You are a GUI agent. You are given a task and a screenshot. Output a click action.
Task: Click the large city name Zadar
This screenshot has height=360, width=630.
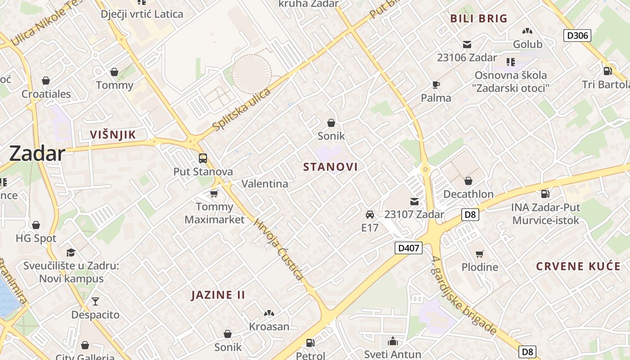click(x=37, y=153)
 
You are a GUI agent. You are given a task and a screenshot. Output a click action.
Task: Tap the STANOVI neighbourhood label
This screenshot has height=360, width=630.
click(x=330, y=167)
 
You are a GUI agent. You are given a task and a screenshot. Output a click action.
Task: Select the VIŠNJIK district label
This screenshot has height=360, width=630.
click(x=112, y=135)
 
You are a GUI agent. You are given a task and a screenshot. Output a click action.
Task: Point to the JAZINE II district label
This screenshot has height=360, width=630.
click(x=218, y=295)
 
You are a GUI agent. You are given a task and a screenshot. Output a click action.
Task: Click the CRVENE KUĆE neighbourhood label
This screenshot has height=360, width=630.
click(x=578, y=266)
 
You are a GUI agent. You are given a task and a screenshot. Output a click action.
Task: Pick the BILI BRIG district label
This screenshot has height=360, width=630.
click(x=479, y=18)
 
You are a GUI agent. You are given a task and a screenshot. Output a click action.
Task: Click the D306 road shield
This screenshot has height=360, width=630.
click(x=577, y=36)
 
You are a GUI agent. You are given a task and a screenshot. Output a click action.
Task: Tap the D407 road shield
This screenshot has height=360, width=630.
click(x=409, y=247)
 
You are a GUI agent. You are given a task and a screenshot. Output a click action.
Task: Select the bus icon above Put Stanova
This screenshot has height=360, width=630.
click(x=203, y=158)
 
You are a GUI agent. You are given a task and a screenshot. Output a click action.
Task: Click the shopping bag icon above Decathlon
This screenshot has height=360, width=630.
click(x=468, y=181)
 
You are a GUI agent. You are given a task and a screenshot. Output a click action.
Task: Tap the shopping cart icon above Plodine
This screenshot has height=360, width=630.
click(x=480, y=254)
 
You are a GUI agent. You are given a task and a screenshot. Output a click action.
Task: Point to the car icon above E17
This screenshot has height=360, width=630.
click(x=370, y=214)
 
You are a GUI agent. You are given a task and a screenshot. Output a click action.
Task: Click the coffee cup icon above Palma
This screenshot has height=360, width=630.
click(x=436, y=84)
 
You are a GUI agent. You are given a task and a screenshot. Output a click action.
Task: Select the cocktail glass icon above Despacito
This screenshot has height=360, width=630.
click(x=95, y=301)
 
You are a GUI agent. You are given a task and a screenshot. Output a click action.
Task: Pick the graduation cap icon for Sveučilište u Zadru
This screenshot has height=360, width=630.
click(x=71, y=252)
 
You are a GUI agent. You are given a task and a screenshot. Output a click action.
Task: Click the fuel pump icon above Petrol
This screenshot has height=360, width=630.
click(x=310, y=343)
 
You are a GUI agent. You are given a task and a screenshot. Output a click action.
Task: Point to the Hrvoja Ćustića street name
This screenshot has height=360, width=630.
click(x=279, y=249)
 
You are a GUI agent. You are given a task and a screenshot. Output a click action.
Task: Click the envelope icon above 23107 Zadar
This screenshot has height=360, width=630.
click(x=414, y=201)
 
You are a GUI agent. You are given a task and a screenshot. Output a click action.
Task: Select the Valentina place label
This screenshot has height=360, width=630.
click(x=265, y=184)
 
